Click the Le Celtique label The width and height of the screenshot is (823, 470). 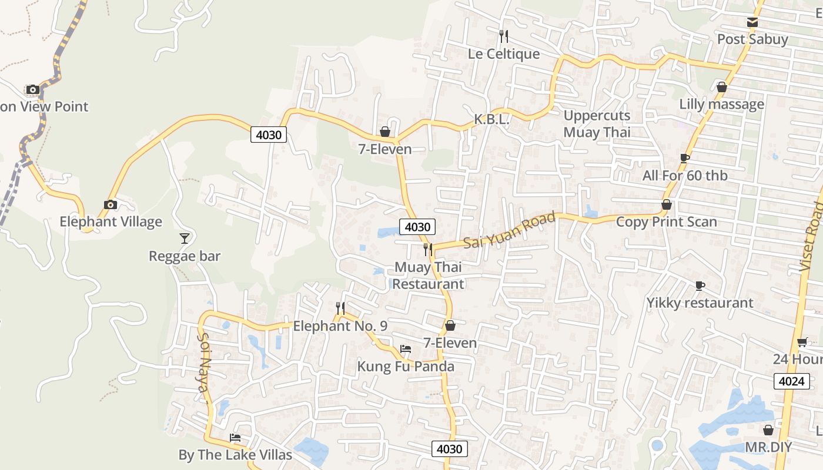(x=503, y=54)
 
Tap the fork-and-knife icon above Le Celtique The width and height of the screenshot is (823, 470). (x=503, y=36)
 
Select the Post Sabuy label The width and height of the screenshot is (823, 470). (x=752, y=39)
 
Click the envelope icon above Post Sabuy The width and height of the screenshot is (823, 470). (x=752, y=22)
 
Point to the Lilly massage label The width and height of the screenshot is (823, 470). (x=721, y=104)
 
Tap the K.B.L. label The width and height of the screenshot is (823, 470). (x=491, y=120)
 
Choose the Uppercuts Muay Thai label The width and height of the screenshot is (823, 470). (x=597, y=124)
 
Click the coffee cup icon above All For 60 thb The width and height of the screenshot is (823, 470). (x=684, y=158)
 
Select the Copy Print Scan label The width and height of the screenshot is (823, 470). (x=666, y=221)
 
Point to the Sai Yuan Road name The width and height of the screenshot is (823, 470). (x=509, y=230)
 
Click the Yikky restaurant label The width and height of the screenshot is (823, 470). (x=700, y=303)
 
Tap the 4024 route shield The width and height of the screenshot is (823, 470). (x=791, y=381)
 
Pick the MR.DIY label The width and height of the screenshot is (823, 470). (x=768, y=447)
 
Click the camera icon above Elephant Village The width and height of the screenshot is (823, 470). (x=110, y=204)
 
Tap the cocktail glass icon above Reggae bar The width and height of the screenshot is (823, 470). (x=185, y=238)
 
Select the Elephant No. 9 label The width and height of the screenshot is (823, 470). (x=340, y=326)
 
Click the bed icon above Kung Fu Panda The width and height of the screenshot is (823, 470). (x=406, y=349)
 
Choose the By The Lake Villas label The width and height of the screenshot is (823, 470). (x=235, y=455)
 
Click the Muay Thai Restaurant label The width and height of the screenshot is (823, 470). (x=428, y=276)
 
